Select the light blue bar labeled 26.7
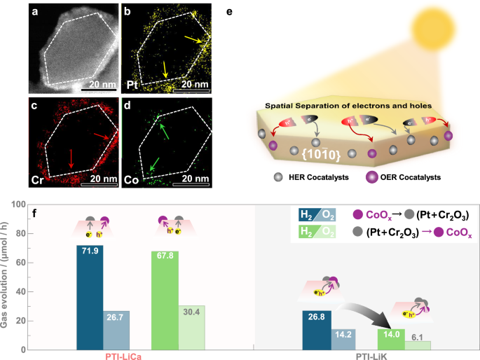coord(116,330)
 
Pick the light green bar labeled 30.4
coord(191,327)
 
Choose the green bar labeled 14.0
coord(392,339)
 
